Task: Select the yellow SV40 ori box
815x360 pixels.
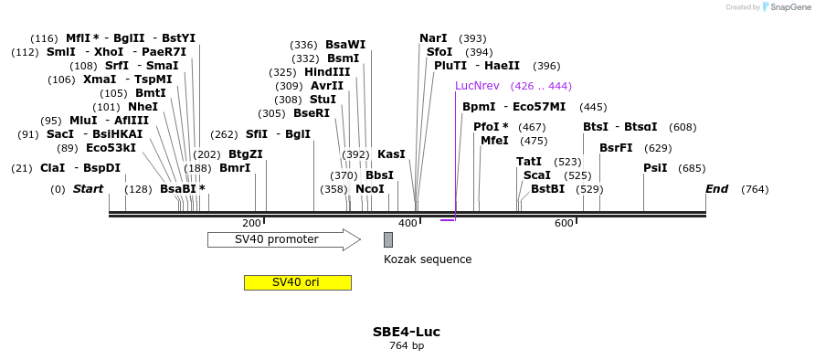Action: pyautogui.click(x=297, y=282)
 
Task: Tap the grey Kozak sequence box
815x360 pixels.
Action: pyautogui.click(x=388, y=239)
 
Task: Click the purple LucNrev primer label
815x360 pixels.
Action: pyautogui.click(x=477, y=86)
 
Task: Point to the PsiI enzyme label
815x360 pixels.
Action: pyautogui.click(x=655, y=168)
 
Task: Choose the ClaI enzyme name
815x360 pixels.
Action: pyautogui.click(x=52, y=168)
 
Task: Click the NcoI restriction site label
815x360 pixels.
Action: pyautogui.click(x=370, y=189)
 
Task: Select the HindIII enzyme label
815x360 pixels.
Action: pyautogui.click(x=327, y=72)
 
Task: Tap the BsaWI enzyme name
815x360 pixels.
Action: pyautogui.click(x=345, y=45)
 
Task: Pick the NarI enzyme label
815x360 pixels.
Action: pyautogui.click(x=433, y=38)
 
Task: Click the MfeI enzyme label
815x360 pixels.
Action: pyautogui.click(x=494, y=141)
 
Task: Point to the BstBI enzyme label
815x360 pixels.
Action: pyautogui.click(x=547, y=189)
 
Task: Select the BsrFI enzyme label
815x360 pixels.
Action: pyautogui.click(x=616, y=148)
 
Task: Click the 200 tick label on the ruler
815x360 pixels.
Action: pyautogui.click(x=251, y=224)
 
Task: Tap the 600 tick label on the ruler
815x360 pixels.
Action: pyautogui.click(x=564, y=224)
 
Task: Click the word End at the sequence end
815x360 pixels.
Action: pyautogui.click(x=716, y=189)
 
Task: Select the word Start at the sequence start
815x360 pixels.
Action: pyautogui.click(x=88, y=189)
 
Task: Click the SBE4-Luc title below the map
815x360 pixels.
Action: pyautogui.click(x=407, y=332)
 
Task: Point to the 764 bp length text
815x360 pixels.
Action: pyautogui.click(x=407, y=346)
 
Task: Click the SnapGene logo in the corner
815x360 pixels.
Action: pyautogui.click(x=785, y=7)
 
